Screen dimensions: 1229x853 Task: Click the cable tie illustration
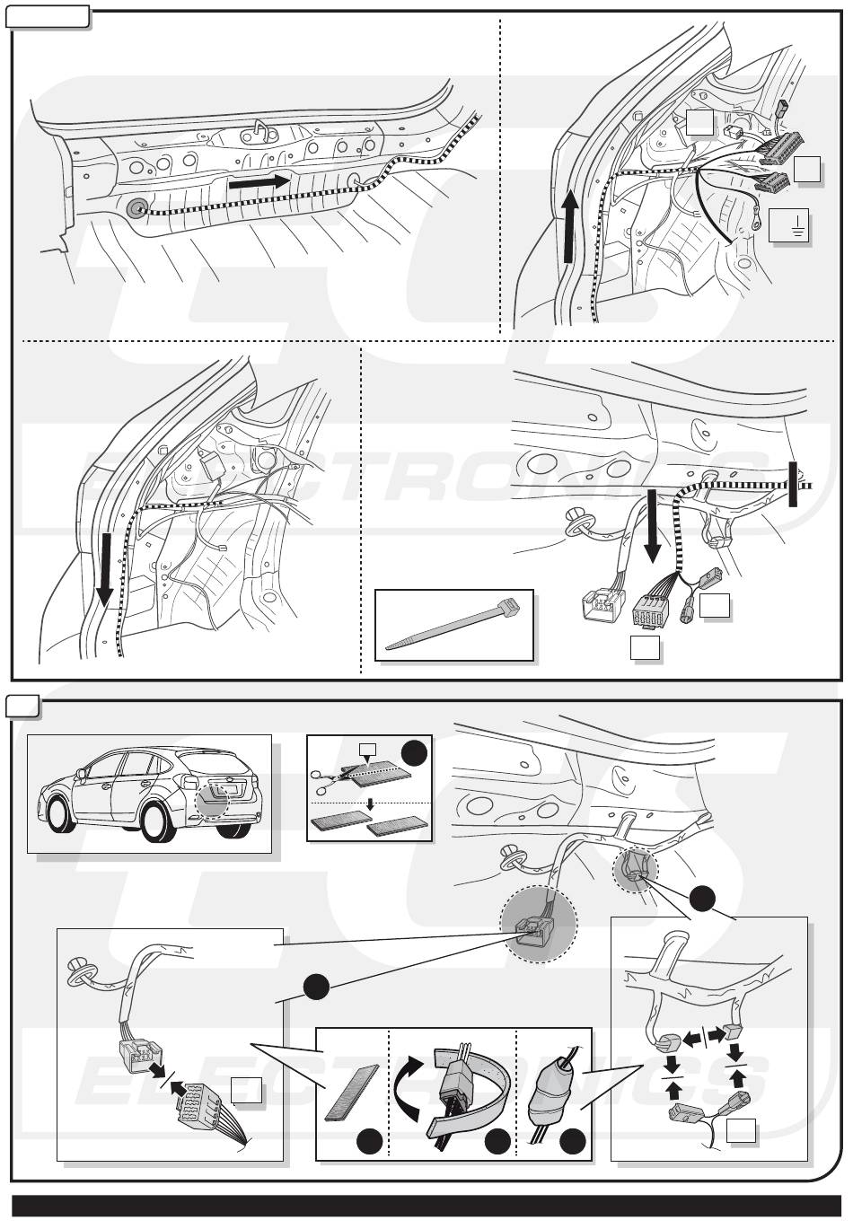click(x=453, y=628)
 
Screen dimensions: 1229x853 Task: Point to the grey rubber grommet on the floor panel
click(x=136, y=209)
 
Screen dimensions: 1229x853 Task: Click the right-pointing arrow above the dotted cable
click(x=259, y=181)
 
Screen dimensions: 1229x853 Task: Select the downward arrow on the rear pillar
click(x=105, y=571)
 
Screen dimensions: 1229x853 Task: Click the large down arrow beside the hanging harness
click(x=652, y=527)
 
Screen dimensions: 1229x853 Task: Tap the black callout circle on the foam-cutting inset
click(x=414, y=752)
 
